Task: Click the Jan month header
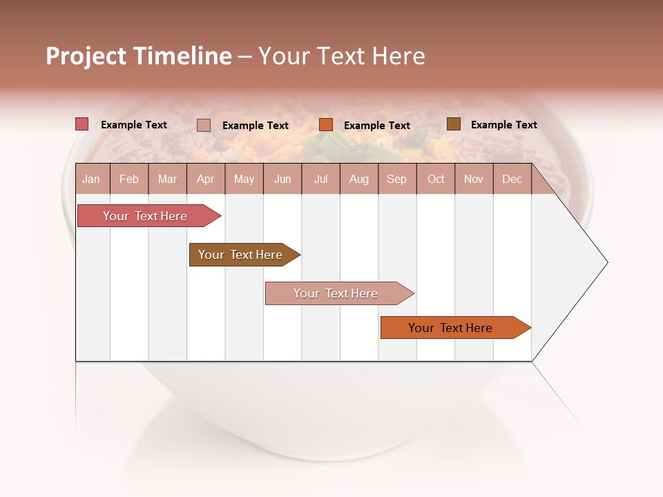(x=91, y=179)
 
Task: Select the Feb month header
(x=129, y=179)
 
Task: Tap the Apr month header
(x=205, y=179)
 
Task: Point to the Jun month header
(x=282, y=179)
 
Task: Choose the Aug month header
(x=358, y=179)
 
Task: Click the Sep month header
(x=396, y=179)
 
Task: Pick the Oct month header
(x=436, y=179)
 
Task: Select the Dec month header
(x=512, y=179)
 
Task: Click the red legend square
(x=82, y=124)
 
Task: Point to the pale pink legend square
(x=204, y=125)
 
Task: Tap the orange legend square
(x=326, y=125)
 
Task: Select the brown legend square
(x=453, y=124)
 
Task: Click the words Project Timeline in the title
(x=138, y=56)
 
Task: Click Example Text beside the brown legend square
(x=503, y=125)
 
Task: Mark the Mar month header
(x=167, y=179)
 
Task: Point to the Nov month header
(x=473, y=179)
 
